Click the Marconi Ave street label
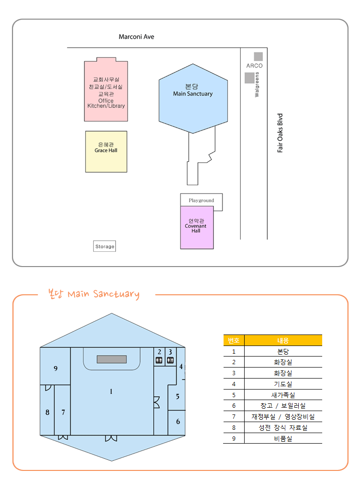(x=136, y=37)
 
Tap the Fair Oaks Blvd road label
(x=281, y=133)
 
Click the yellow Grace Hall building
(x=106, y=151)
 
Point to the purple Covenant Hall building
(x=197, y=227)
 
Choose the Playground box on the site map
(x=201, y=200)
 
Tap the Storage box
(x=105, y=246)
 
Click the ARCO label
(x=255, y=66)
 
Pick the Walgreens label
(x=257, y=85)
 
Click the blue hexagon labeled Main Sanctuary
(x=193, y=98)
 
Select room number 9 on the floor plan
(x=56, y=368)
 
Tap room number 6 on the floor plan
(x=178, y=422)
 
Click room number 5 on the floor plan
(x=178, y=396)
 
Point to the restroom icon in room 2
(x=159, y=360)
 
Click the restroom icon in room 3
(x=170, y=360)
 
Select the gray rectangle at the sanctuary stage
(x=112, y=359)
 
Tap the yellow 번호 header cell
(x=234, y=340)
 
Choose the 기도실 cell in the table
(x=283, y=384)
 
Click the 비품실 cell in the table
(x=283, y=438)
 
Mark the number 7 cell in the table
(x=234, y=416)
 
